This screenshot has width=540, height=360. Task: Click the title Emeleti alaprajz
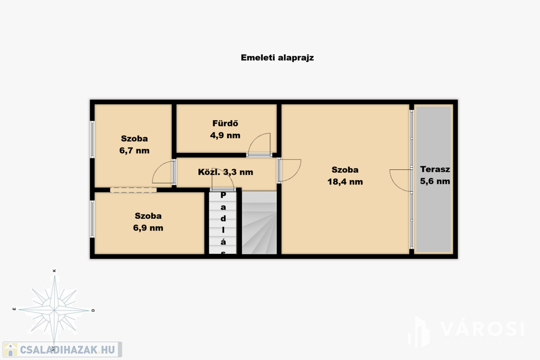277,58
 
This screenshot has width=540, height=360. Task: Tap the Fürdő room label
225,123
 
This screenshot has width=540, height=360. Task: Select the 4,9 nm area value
225,135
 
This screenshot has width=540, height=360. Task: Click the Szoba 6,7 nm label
134,144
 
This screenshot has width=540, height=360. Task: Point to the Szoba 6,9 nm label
148,222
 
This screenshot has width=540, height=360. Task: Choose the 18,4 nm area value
345,182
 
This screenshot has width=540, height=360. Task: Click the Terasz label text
435,169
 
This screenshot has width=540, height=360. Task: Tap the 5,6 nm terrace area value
435,181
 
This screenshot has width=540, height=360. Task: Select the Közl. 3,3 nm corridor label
226,172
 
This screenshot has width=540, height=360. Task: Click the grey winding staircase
259,222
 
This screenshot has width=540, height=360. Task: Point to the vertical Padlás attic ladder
223,222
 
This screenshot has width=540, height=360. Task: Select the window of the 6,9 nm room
92,219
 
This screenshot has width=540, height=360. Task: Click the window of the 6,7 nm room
92,139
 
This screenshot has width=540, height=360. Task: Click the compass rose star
54,310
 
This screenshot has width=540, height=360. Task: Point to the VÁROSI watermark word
482,329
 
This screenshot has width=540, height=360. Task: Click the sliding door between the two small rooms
133,190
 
